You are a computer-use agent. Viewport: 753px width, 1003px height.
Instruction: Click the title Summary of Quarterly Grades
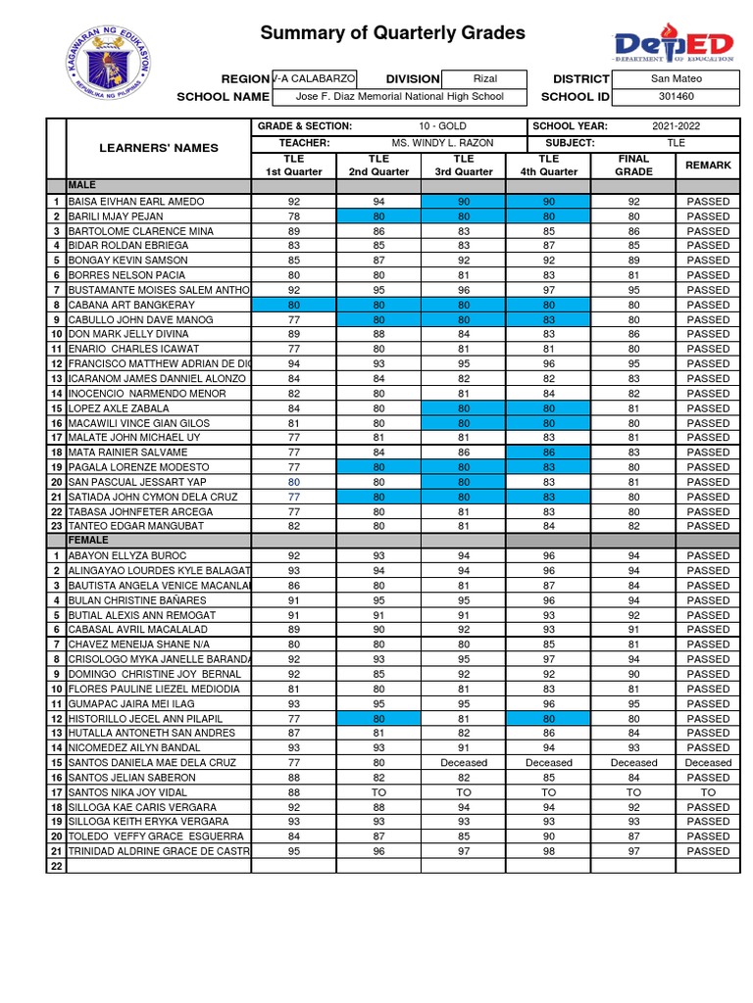pyautogui.click(x=392, y=34)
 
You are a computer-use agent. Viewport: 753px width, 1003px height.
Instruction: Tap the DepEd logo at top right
pyautogui.click(x=674, y=45)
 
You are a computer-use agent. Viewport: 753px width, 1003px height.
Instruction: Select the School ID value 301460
pyautogui.click(x=676, y=97)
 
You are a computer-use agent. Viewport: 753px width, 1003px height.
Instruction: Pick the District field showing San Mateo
pyautogui.click(x=676, y=78)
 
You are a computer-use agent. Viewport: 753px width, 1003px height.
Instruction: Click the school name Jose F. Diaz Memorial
pyautogui.click(x=399, y=97)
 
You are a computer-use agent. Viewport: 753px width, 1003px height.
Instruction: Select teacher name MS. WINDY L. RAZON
pyautogui.click(x=442, y=143)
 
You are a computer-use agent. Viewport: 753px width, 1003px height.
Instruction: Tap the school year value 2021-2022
pyautogui.click(x=676, y=126)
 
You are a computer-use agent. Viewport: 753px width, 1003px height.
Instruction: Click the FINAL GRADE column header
pyautogui.click(x=633, y=165)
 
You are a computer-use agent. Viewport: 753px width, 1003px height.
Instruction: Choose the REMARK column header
pyautogui.click(x=708, y=166)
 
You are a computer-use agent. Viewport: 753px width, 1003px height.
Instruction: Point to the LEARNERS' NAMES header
pyautogui.click(x=158, y=148)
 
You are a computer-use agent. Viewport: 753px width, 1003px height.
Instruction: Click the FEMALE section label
pyautogui.click(x=82, y=541)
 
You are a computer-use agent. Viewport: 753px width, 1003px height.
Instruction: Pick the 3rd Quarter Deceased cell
pyautogui.click(x=464, y=762)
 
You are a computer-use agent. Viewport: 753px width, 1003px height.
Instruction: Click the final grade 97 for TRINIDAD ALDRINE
pyautogui.click(x=633, y=851)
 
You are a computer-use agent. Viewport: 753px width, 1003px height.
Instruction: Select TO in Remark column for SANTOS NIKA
pyautogui.click(x=708, y=792)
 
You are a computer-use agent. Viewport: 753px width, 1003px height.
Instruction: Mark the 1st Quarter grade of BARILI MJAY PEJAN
pyautogui.click(x=293, y=216)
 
